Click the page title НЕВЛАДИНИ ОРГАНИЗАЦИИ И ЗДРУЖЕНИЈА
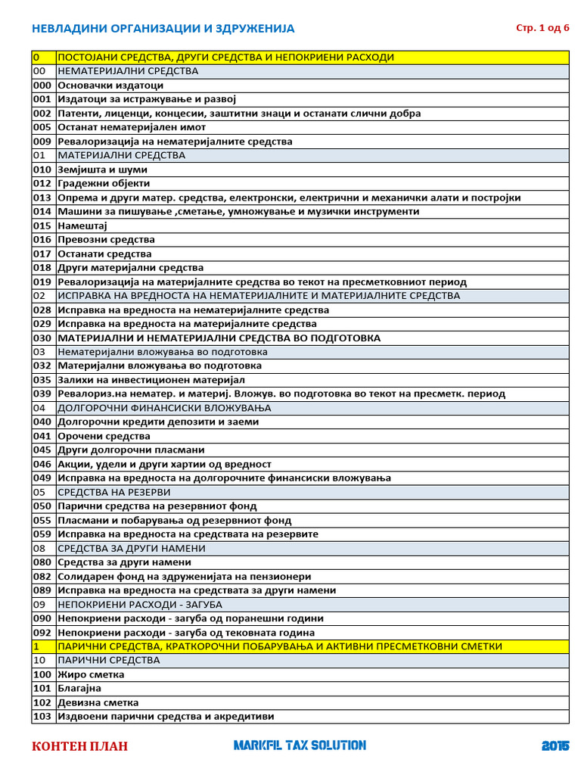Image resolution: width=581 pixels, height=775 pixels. (x=163, y=29)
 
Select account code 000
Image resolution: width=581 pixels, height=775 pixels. (x=42, y=86)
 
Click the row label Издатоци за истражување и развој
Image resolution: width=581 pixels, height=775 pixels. (x=148, y=99)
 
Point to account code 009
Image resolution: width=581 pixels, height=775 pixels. (x=42, y=142)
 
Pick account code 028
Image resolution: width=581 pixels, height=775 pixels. (x=42, y=310)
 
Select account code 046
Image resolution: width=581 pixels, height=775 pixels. (x=42, y=464)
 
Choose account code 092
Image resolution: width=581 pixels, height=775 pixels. (x=42, y=633)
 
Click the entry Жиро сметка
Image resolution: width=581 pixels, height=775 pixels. (x=92, y=674)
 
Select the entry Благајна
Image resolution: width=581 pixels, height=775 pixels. (x=79, y=689)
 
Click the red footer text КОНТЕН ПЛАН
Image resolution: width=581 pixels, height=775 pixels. (x=79, y=746)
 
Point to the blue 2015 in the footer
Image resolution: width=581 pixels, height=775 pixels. (x=555, y=746)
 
